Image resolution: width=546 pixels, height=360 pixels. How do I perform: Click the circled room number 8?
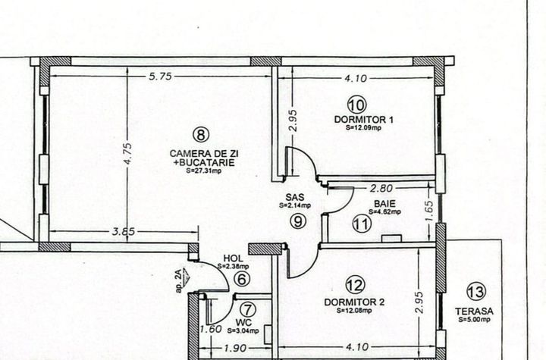click(x=201, y=134)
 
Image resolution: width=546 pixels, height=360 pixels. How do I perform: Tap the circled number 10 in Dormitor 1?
click(x=357, y=105)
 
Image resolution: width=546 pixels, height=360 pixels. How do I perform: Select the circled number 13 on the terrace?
click(x=476, y=292)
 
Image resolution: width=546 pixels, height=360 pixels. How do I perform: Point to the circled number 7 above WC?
click(x=248, y=309)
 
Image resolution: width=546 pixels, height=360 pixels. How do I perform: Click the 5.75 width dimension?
click(x=161, y=77)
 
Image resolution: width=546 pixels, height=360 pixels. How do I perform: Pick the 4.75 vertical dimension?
click(x=127, y=154)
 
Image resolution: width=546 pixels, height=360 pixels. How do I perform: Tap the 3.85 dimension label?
click(x=124, y=231)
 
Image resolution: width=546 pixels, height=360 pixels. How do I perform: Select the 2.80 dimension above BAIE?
click(x=381, y=189)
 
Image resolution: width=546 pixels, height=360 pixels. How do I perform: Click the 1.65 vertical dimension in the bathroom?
click(x=430, y=211)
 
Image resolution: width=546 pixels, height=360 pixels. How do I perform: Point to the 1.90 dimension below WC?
click(x=235, y=348)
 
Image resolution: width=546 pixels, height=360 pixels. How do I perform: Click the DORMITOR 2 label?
click(x=354, y=302)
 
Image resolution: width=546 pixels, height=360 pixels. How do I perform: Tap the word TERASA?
click(x=474, y=311)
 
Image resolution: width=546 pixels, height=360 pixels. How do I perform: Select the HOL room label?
click(x=233, y=258)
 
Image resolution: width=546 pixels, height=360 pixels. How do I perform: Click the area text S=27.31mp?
click(x=204, y=171)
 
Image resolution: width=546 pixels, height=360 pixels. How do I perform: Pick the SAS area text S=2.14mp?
click(x=294, y=205)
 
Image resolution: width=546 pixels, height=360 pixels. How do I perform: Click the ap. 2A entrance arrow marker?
click(x=182, y=280)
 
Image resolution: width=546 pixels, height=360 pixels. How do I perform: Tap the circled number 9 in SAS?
click(x=298, y=221)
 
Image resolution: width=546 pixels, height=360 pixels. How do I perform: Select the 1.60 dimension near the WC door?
click(x=211, y=329)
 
